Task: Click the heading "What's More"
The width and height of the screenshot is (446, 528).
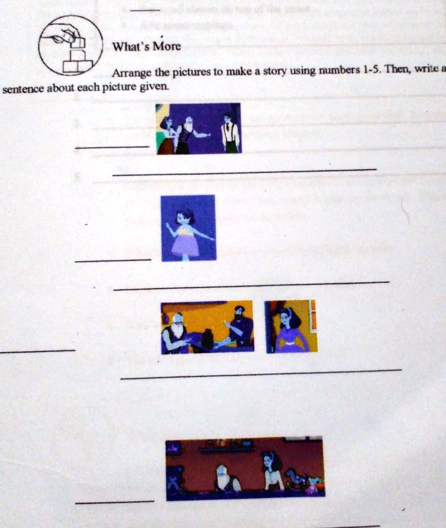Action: click(x=146, y=46)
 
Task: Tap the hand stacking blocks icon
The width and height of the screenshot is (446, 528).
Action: click(x=71, y=45)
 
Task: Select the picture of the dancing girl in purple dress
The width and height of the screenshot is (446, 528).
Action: click(x=188, y=227)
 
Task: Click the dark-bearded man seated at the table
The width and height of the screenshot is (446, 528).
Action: click(x=239, y=326)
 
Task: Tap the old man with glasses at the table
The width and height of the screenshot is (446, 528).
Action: click(x=175, y=332)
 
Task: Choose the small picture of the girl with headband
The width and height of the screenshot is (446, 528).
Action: click(x=291, y=326)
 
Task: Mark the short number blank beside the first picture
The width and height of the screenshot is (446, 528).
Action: click(x=112, y=148)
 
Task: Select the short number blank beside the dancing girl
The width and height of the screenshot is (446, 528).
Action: click(x=112, y=260)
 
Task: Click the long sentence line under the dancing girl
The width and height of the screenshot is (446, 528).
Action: click(x=251, y=285)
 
